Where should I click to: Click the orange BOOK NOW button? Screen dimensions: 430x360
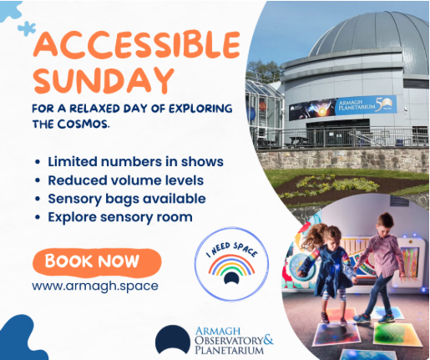point(97,261)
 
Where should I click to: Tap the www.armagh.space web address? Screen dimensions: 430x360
point(95,286)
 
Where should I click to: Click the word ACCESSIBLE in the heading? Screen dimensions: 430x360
point(137,44)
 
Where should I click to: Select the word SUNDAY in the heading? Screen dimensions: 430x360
point(104,80)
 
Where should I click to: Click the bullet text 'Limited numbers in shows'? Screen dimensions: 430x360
point(135,161)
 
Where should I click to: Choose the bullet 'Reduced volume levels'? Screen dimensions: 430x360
point(126,180)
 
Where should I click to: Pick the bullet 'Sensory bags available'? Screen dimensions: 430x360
point(127,199)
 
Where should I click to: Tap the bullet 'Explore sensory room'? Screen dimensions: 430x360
point(120,217)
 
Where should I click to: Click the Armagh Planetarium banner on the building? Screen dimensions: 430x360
point(342,108)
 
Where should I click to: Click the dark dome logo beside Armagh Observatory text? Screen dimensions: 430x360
point(173,340)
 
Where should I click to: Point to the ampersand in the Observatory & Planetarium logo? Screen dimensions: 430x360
point(268,340)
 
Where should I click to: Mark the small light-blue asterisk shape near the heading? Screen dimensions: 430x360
point(27,28)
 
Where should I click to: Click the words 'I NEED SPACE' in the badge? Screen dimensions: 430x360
point(231,249)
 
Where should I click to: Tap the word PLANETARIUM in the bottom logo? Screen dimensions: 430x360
point(229,350)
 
